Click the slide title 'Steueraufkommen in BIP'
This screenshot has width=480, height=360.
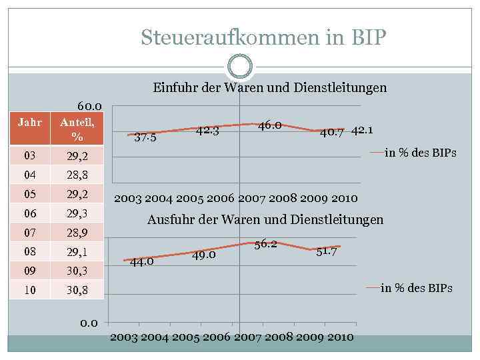click(263, 38)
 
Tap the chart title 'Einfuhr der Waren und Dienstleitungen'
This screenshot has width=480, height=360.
click(269, 88)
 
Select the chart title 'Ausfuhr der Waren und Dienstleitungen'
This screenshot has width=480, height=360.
click(265, 219)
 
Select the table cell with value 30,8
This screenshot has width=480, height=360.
click(77, 290)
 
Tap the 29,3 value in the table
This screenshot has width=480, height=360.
click(77, 213)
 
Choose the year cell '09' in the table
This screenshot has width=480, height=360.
click(30, 271)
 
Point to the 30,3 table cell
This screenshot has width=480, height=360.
click(77, 271)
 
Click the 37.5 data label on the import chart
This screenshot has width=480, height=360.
click(145, 139)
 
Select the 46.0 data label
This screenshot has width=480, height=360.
click(269, 125)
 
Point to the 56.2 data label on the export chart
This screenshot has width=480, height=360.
click(265, 245)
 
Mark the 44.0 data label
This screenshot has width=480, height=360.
click(142, 261)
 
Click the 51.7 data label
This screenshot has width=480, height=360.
click(327, 251)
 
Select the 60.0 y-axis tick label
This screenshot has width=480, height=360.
click(89, 106)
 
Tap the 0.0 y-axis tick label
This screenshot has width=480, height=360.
click(89, 323)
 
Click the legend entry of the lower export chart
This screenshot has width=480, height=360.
click(410, 288)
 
